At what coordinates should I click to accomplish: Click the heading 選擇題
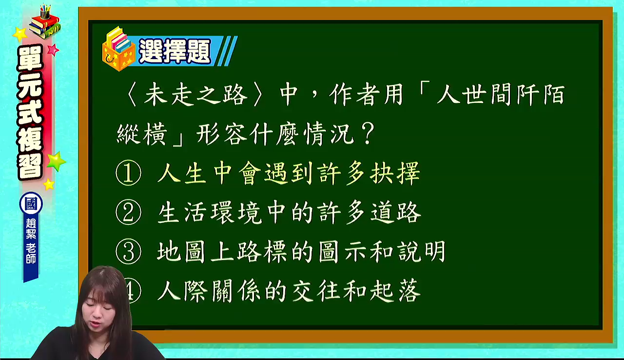[x=175, y=51]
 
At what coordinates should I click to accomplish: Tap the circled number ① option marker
[x=128, y=173]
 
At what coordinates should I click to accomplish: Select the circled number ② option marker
[x=128, y=212]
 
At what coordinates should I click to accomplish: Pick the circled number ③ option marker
[x=128, y=252]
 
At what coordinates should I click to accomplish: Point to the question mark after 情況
[x=368, y=134]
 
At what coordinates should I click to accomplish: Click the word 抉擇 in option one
[x=395, y=173]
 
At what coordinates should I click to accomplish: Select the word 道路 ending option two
[x=395, y=213]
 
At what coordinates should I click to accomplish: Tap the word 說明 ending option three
[x=421, y=252]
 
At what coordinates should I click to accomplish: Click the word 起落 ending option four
[x=395, y=291]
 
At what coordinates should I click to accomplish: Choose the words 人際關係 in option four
[x=209, y=291]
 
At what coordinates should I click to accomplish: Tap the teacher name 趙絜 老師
[x=31, y=241]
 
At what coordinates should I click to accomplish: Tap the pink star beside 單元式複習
[x=53, y=50]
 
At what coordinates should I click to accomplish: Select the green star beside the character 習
[x=57, y=161]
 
